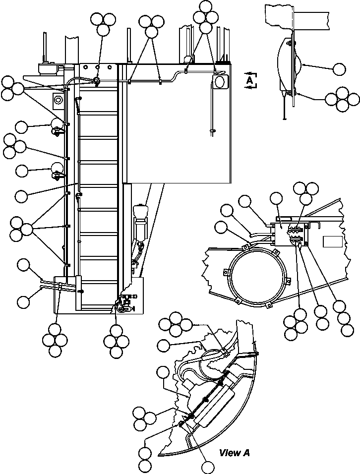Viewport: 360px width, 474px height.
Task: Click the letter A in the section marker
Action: (250, 80)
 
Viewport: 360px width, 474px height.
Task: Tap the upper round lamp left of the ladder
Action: (56, 123)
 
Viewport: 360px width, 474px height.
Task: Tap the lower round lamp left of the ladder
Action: (57, 168)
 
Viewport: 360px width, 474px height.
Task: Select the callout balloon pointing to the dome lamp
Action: (339, 69)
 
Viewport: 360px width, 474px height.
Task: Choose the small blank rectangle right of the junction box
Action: (333, 241)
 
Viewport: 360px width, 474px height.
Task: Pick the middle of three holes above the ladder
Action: (98, 66)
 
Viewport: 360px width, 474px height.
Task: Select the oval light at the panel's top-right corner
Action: (220, 81)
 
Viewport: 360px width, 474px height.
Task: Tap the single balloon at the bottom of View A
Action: (208, 468)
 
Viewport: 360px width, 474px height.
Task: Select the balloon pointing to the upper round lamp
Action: (21, 127)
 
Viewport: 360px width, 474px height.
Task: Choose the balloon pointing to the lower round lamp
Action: (22, 171)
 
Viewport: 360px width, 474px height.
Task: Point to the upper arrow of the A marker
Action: (250, 73)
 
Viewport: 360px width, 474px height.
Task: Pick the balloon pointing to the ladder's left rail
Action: (21, 196)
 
